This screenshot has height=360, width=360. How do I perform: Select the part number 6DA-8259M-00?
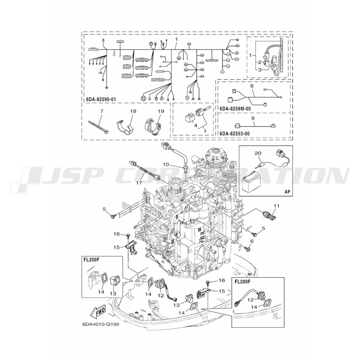[235, 109]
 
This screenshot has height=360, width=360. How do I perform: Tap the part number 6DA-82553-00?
[235, 134]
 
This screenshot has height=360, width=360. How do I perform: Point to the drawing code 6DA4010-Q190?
[99, 325]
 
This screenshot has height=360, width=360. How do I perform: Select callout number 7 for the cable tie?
[102, 111]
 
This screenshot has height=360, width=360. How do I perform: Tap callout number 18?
[133, 111]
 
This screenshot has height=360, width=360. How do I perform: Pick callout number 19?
[161, 111]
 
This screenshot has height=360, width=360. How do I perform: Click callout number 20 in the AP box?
[258, 153]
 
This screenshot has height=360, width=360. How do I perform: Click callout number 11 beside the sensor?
[276, 206]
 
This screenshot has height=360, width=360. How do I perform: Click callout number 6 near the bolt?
[252, 241]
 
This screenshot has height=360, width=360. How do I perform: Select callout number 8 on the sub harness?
[252, 86]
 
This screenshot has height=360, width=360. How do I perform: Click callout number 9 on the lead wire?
[253, 119]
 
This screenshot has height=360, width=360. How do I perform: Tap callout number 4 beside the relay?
[195, 126]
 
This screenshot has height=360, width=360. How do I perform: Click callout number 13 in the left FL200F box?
[113, 293]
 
